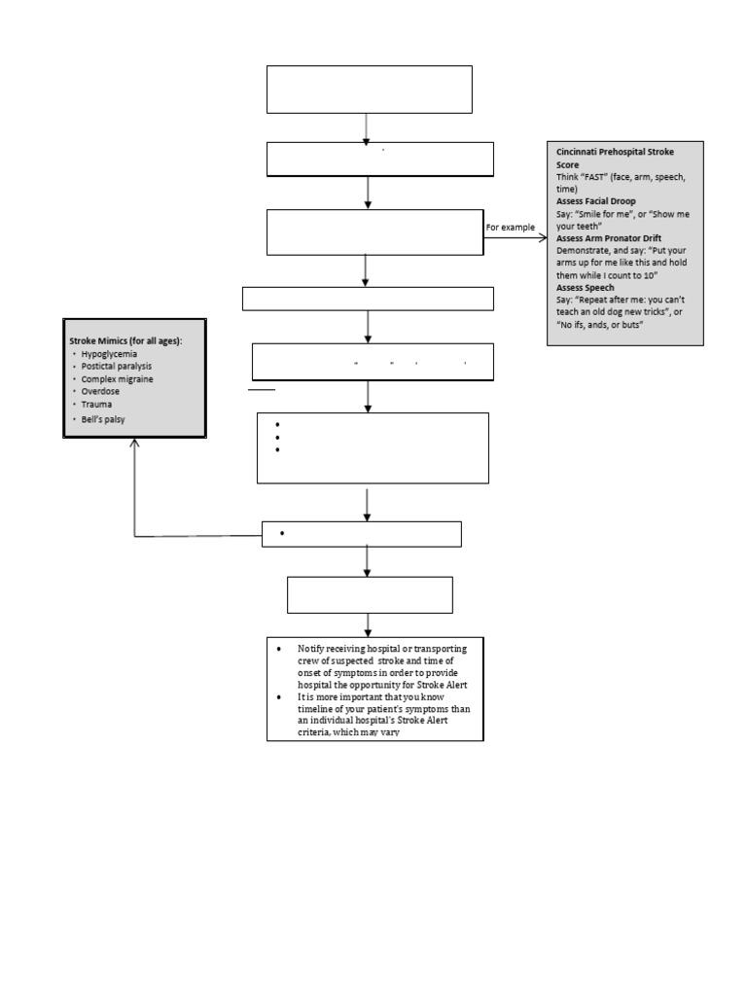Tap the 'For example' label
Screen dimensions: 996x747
pyautogui.click(x=511, y=227)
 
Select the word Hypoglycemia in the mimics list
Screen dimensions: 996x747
pyautogui.click(x=108, y=355)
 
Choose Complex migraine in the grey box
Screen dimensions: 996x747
pyautogui.click(x=118, y=378)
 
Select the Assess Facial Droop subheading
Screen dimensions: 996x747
pyautogui.click(x=595, y=200)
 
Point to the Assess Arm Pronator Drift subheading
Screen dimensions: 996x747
pyautogui.click(x=612, y=237)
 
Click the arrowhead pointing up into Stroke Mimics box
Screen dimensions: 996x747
pyautogui.click(x=134, y=444)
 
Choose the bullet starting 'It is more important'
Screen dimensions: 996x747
pyautogui.click(x=379, y=714)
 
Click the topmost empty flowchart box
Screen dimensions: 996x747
pyautogui.click(x=370, y=89)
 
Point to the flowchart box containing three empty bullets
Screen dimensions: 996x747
pyautogui.click(x=373, y=447)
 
